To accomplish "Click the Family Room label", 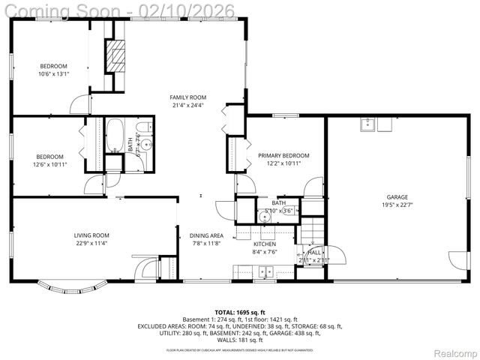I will click(x=187, y=97).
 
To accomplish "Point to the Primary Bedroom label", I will click(x=283, y=156).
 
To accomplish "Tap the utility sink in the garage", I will click(x=367, y=124).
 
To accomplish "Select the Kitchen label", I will click(x=264, y=244).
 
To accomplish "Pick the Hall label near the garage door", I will click(x=314, y=253).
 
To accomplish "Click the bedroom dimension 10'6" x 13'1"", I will click(x=53, y=74).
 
